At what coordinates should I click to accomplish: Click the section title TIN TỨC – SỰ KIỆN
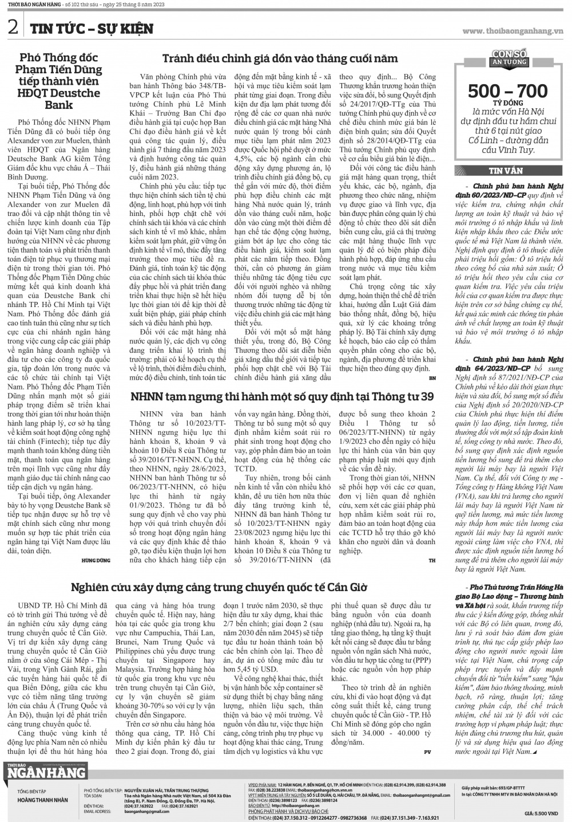[92, 29]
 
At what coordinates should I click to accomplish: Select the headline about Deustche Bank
[59, 81]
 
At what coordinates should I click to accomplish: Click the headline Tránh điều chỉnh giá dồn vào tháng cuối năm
[280, 58]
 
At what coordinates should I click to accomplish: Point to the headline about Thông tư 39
[282, 396]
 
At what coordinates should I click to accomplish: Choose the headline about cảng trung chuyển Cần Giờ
[219, 587]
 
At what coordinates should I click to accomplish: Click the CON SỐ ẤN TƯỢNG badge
[509, 57]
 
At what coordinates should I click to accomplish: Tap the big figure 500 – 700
[508, 91]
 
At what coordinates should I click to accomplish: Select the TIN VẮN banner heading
[506, 171]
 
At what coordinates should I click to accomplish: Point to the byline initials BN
[432, 378]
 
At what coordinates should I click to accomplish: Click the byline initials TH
[432, 560]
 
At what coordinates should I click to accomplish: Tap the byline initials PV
[427, 751]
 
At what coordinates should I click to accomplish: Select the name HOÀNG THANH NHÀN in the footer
[43, 800]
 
